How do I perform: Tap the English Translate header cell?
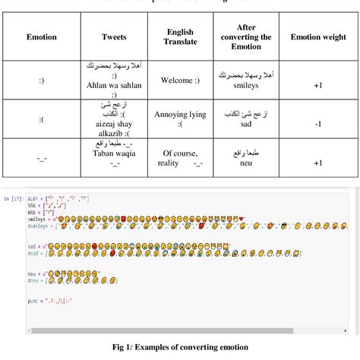[181, 36]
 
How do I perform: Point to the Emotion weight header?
[318, 36]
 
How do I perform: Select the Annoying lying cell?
[181, 118]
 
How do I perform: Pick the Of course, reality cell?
[181, 157]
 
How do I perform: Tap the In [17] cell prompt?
[13, 198]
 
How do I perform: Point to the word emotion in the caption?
[232, 347]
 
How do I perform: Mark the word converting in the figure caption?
[196, 347]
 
